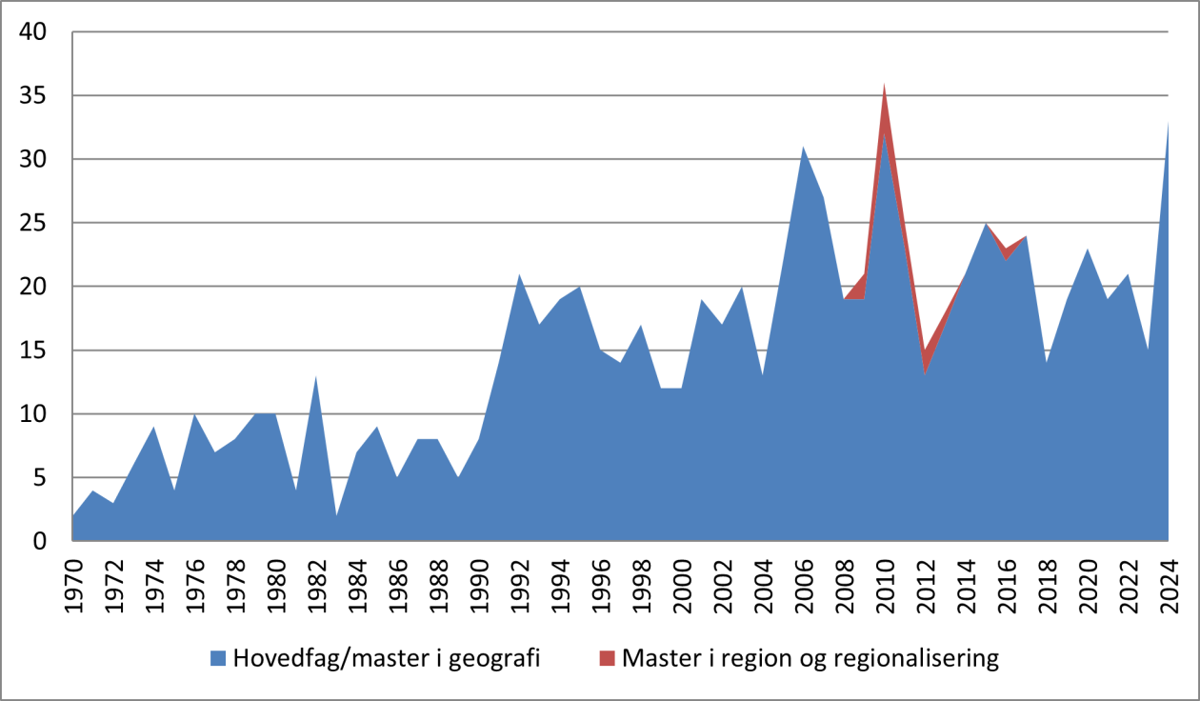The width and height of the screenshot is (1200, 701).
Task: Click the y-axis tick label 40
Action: tap(34, 32)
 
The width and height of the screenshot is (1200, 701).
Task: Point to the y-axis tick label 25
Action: tap(34, 224)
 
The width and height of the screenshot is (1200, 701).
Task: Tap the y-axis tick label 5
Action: tap(41, 478)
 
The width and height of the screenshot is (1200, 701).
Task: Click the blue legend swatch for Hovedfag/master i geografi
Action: tap(218, 658)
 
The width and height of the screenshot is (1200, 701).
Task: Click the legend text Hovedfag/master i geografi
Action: tap(387, 658)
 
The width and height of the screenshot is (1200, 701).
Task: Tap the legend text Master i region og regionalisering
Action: tap(810, 658)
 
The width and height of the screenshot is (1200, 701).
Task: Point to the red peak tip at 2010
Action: tap(884, 85)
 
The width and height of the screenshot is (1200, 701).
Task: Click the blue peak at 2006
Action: tap(803, 148)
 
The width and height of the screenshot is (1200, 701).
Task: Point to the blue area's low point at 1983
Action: tap(337, 515)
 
